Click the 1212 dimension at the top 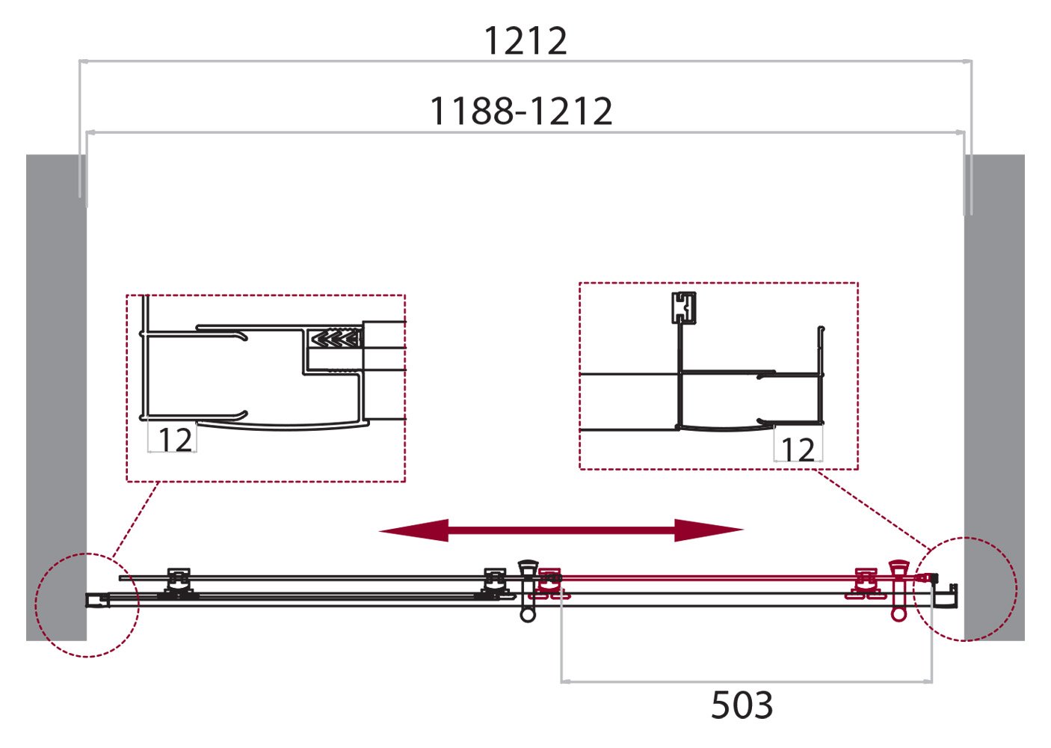coord(525,40)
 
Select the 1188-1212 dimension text coord(521,111)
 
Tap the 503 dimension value coord(742,705)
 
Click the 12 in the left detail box coord(175,440)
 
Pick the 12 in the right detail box coord(798,450)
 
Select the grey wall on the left coord(56,396)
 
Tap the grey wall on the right coord(994,396)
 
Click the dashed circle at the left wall coord(87,604)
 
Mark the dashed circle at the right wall coord(968,589)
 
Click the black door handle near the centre coord(528,590)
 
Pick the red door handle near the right coord(899,590)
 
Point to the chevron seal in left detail coord(336,340)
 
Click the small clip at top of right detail coord(683,307)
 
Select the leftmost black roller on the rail coord(178,583)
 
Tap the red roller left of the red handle coord(866,583)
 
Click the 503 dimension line coord(746,681)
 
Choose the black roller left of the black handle coord(494,583)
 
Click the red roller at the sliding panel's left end coord(550,583)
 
